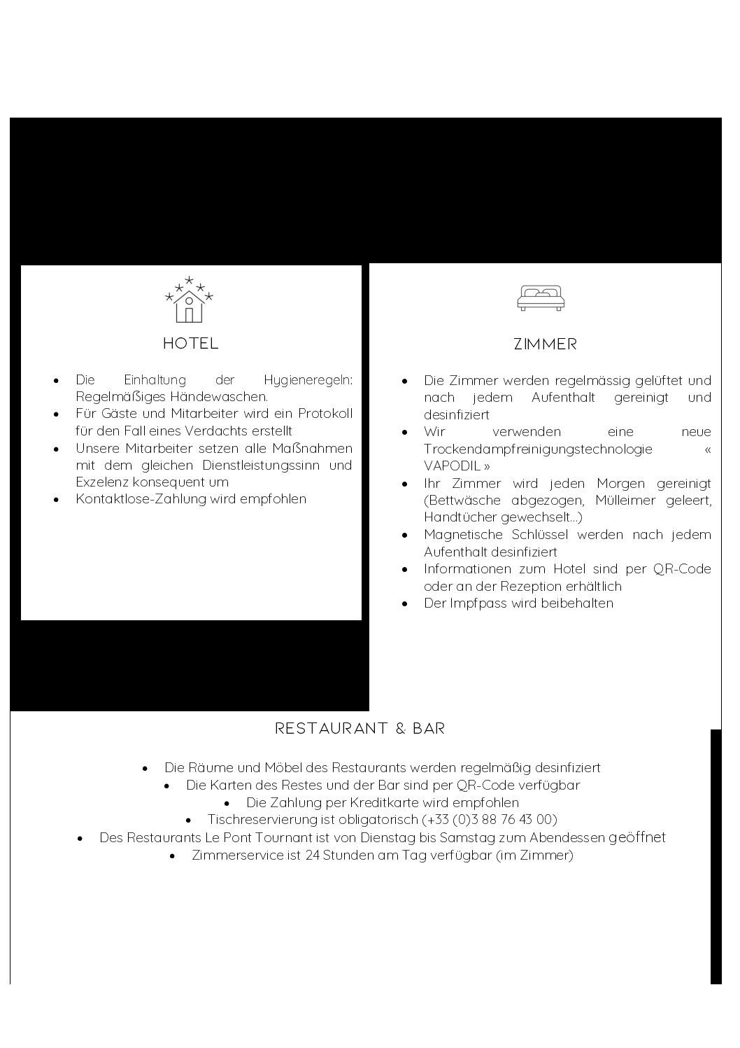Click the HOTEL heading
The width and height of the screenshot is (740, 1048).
tap(190, 344)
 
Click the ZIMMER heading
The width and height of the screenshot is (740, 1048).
tap(545, 344)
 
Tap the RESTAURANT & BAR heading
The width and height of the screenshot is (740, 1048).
tap(360, 729)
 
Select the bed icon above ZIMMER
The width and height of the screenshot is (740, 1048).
tap(541, 298)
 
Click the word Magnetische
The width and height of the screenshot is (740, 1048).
tap(463, 535)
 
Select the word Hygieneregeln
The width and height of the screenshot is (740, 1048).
tap(307, 380)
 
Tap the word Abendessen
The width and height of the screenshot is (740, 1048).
tap(567, 838)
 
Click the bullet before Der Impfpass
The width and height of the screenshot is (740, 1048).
tap(405, 603)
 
